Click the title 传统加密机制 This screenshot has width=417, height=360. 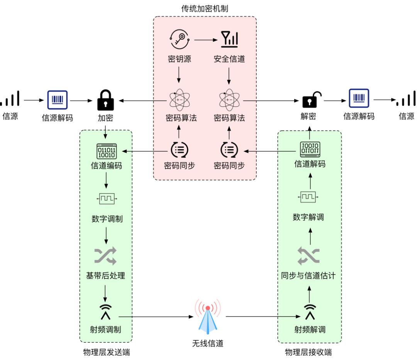pos(205,8)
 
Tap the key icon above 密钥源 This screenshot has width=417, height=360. pos(180,38)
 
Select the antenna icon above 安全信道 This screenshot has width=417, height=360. pos(229,38)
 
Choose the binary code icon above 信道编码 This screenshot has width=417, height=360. pos(106,151)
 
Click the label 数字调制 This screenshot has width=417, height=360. pos(107,219)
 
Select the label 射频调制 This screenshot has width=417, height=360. pos(105,330)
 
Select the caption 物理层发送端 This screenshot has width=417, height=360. pos(106,352)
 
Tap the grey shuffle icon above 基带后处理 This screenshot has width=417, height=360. pos(105,256)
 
